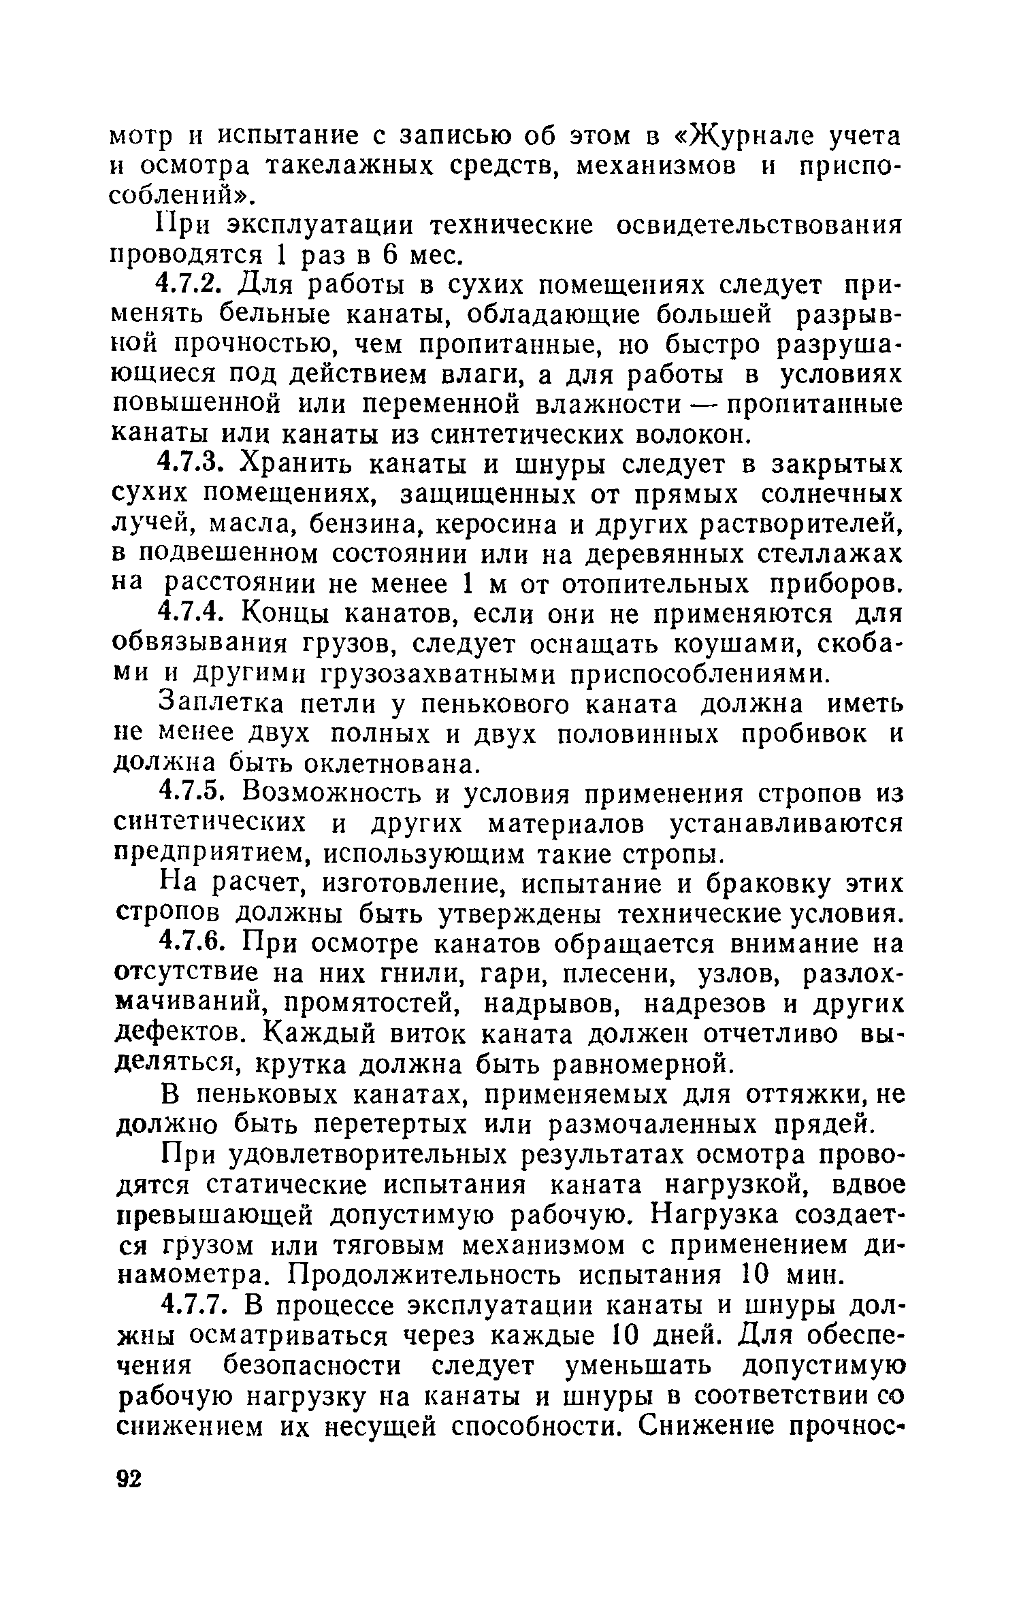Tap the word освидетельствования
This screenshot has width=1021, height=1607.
[759, 225]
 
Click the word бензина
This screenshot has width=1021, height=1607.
[370, 524]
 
